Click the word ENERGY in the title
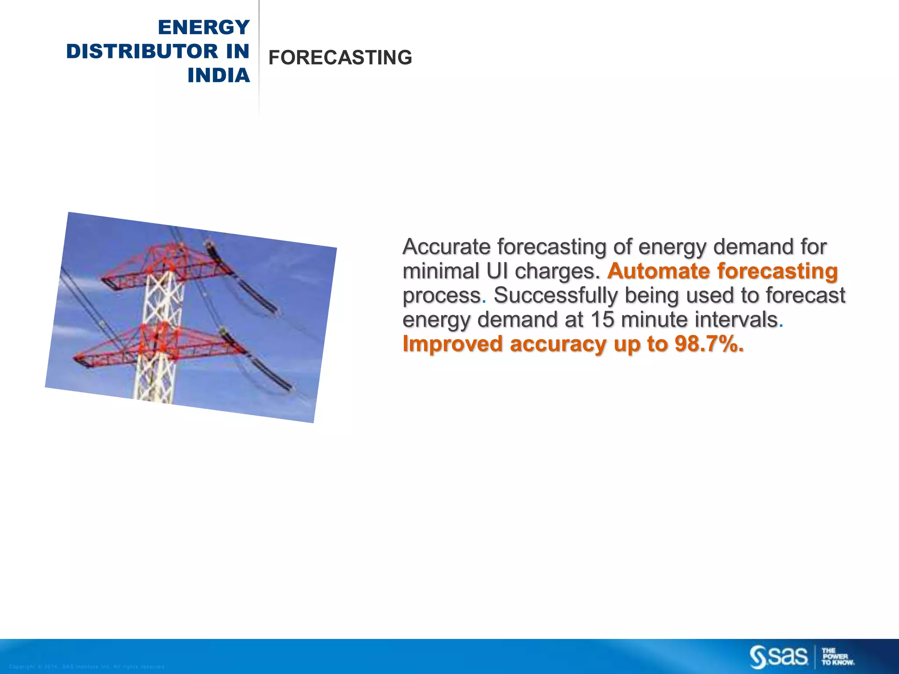click(x=204, y=27)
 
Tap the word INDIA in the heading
click(x=219, y=75)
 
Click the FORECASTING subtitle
click(x=340, y=58)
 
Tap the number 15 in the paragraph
click(x=602, y=319)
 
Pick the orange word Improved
click(x=452, y=344)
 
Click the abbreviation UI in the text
click(x=497, y=271)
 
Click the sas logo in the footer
click(x=778, y=657)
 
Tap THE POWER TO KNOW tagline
click(x=838, y=657)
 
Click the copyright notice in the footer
click(x=86, y=667)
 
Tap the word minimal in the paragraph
click(x=441, y=271)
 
